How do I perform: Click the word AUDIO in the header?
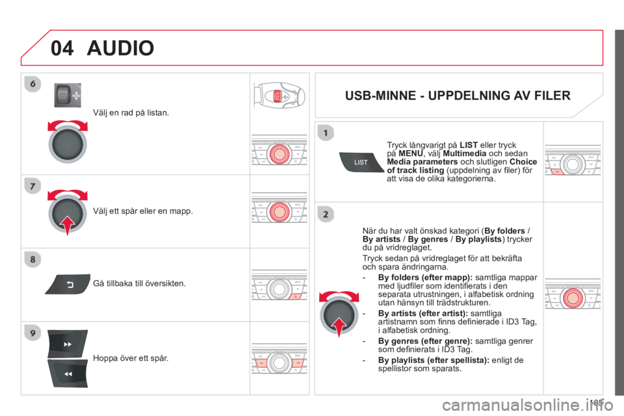pyautogui.click(x=120, y=47)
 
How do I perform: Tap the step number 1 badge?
pyautogui.click(x=326, y=133)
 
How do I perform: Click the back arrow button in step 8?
pyautogui.click(x=68, y=284)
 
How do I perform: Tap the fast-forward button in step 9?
pyautogui.click(x=67, y=344)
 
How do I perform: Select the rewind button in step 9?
pyautogui.click(x=67, y=374)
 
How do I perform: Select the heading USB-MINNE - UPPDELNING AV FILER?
pyautogui.click(x=458, y=96)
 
